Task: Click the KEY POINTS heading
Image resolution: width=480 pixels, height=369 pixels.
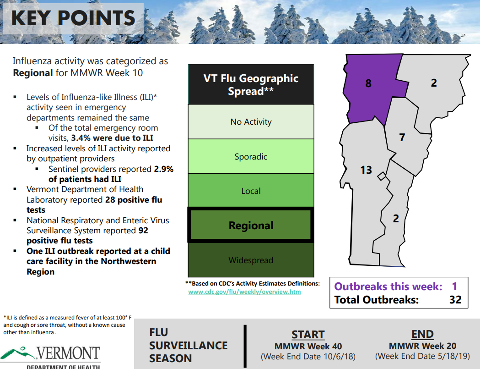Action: [73, 18]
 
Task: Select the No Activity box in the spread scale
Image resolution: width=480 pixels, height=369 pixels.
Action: [251, 122]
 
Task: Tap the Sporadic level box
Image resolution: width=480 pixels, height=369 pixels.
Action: [251, 156]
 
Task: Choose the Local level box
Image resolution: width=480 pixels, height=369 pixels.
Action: [251, 191]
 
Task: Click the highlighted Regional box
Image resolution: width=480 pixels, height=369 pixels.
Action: [251, 225]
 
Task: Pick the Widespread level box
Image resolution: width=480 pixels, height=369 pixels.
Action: [251, 260]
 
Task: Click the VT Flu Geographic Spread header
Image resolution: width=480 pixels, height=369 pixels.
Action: [251, 84]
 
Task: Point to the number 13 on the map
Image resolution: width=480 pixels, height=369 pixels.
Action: [366, 170]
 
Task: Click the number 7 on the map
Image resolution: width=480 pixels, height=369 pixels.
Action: [402, 137]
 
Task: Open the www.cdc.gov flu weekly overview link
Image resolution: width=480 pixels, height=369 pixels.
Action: [245, 292]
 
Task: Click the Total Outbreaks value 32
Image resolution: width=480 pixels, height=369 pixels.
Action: [455, 300]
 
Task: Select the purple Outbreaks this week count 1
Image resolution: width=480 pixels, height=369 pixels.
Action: [454, 286]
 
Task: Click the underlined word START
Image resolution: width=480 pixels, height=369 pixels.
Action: [308, 334]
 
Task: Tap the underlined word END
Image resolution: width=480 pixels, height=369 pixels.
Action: [422, 334]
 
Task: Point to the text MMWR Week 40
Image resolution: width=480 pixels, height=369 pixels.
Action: [308, 346]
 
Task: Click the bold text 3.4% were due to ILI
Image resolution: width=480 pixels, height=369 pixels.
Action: [112, 138]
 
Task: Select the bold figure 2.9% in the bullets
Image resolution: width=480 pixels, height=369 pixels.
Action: [164, 169]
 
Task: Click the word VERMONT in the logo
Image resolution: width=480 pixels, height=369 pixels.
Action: [68, 353]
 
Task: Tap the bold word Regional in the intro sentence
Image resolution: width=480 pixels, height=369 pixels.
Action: [33, 73]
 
